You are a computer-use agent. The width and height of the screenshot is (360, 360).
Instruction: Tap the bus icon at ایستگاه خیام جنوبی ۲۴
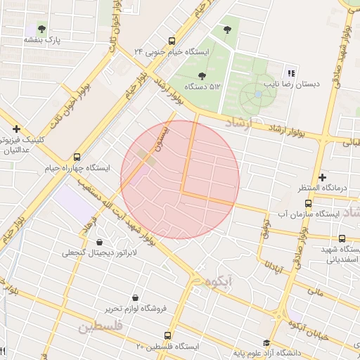tap(172, 41)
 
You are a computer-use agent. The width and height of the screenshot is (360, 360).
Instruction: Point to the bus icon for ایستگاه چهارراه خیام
tap(77, 157)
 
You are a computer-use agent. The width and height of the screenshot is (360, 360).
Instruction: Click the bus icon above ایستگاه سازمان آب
tap(308, 202)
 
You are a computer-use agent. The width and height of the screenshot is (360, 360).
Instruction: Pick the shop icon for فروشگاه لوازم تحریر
tap(135, 297)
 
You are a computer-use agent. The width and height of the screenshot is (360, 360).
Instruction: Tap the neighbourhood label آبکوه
tap(215, 281)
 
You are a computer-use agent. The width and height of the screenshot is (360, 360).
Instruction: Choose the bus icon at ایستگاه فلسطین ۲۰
tap(167, 335)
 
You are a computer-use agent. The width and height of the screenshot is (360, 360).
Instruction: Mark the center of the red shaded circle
tap(180, 179)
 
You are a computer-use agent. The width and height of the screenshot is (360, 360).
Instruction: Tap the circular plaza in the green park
tap(258, 94)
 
